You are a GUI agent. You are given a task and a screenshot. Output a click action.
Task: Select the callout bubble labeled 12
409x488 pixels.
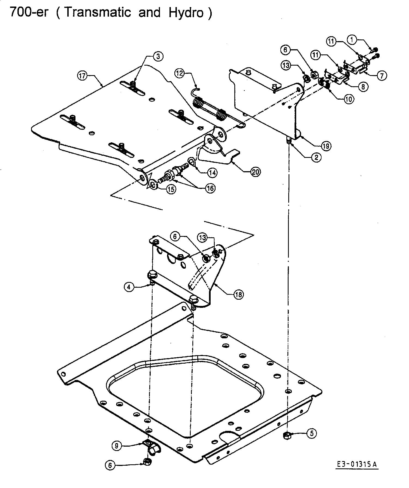(x=180, y=73)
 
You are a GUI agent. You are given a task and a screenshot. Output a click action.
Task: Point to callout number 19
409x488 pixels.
(x=326, y=146)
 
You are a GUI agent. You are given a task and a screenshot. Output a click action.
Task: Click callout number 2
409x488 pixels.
(x=316, y=157)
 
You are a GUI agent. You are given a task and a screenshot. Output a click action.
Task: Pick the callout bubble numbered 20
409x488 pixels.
(x=255, y=172)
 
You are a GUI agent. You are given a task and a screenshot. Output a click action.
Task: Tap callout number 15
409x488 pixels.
(x=171, y=189)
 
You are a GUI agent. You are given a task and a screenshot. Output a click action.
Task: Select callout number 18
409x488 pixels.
(x=239, y=294)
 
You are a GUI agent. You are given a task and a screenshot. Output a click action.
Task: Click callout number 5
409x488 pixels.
(x=312, y=433)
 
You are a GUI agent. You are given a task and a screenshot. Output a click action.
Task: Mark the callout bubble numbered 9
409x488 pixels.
(x=117, y=446)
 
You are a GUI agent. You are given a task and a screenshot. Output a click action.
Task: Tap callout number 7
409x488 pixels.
(x=382, y=75)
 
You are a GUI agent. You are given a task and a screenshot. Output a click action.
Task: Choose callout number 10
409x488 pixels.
(x=349, y=99)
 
